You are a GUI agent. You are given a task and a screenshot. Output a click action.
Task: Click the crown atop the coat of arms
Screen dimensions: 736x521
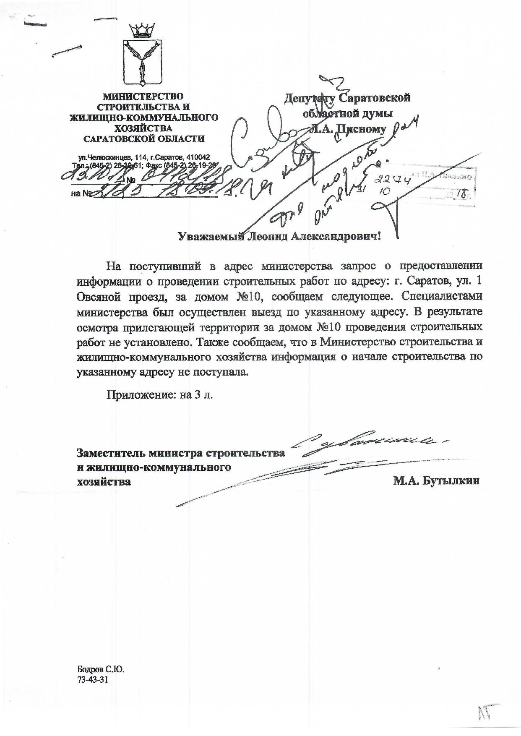(x=142, y=30)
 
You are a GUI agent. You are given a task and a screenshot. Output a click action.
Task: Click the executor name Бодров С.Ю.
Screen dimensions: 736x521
(x=101, y=668)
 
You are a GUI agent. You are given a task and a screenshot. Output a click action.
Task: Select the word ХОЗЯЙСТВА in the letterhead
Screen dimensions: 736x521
(x=144, y=128)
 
